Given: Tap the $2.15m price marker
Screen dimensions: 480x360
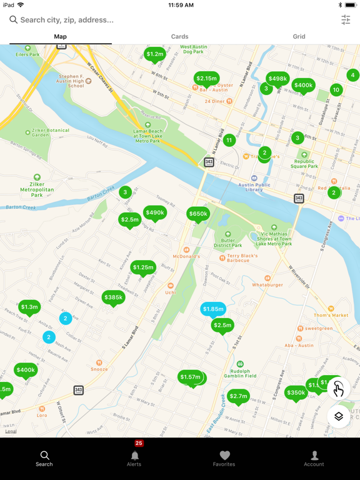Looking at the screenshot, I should tap(206, 78).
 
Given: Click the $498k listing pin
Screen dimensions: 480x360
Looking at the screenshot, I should tap(277, 79).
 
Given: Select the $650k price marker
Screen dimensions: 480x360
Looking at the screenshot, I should tap(198, 214).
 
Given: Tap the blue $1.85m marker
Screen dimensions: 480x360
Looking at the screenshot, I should tap(213, 309).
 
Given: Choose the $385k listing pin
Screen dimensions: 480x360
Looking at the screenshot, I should tap(113, 297).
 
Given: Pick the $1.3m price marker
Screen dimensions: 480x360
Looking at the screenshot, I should tap(29, 306).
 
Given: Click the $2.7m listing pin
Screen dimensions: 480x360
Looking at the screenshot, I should tap(238, 396).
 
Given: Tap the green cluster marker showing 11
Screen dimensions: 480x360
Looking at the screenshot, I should tap(229, 141).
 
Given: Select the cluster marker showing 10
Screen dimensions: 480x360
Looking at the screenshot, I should tap(336, 90).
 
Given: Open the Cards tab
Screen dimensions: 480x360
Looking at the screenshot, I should tap(179, 36).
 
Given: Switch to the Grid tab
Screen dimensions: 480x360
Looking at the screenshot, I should tap(299, 36).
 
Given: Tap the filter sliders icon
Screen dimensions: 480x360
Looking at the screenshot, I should tap(346, 20).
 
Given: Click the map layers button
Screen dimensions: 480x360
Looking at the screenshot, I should tap(339, 416).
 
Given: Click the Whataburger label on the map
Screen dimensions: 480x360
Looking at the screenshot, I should tap(267, 284).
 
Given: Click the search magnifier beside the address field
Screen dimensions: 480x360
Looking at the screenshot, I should tap(13, 20).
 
